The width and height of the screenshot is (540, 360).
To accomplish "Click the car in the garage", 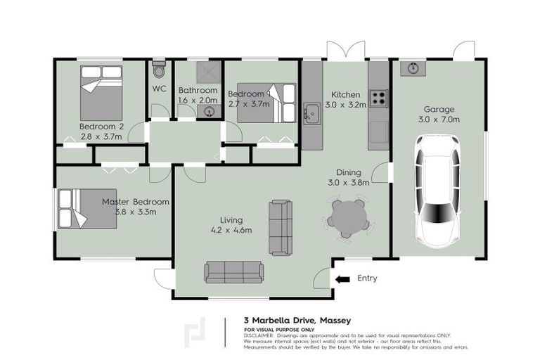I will tap(437, 188).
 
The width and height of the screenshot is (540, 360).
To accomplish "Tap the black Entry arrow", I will tap(342, 279).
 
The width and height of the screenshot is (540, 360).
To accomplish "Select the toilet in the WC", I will tap(159, 71).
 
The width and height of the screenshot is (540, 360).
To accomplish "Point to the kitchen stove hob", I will tap(378, 98).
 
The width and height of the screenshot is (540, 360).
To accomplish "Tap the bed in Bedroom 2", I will tap(101, 93).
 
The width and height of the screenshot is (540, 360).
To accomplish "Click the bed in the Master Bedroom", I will tap(87, 208).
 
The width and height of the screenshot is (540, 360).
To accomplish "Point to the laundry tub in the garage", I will tap(411, 69).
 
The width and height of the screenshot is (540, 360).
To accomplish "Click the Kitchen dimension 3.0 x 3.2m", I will tap(345, 105).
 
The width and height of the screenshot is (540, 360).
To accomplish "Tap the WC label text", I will tap(159, 89).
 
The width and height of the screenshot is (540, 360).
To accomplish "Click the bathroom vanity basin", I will tap(210, 110).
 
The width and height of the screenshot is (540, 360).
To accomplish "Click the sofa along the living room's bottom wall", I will tap(233, 272).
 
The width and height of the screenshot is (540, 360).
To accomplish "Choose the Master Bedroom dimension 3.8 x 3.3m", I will tap(135, 212).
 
